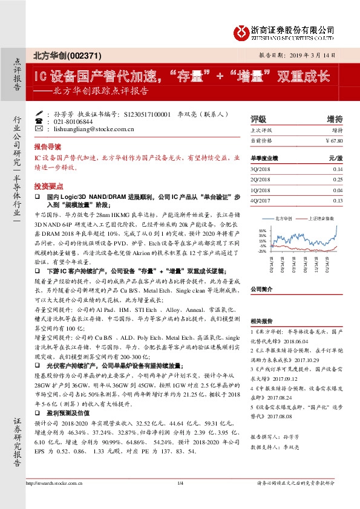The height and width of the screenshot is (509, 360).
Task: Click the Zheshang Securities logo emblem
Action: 242,31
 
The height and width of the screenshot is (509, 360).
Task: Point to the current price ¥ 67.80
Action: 334,141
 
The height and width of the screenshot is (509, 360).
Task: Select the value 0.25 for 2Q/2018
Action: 338,180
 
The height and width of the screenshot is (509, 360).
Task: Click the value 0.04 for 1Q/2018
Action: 338,190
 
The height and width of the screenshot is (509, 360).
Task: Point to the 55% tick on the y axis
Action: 261,230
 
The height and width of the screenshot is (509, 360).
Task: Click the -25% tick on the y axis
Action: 261,251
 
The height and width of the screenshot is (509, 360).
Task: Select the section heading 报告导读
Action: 47,147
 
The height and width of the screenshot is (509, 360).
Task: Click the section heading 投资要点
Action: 47,186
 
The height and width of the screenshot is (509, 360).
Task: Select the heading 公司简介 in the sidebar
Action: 262,289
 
